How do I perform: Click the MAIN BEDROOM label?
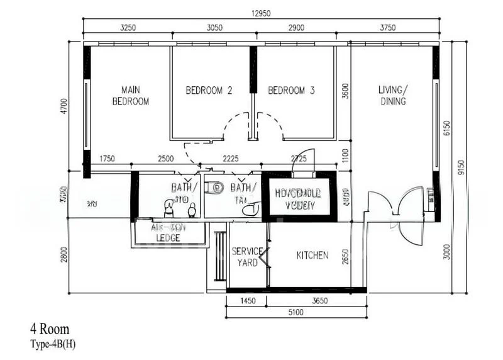click(x=131, y=95)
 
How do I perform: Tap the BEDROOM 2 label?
click(x=209, y=91)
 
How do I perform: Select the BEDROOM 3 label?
click(x=291, y=91)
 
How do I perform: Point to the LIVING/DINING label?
click(x=392, y=95)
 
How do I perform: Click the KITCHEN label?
click(x=312, y=256)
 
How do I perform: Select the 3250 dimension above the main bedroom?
click(x=128, y=28)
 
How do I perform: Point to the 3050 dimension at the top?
click(x=214, y=28)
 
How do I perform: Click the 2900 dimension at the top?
click(x=296, y=28)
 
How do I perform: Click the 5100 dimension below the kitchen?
click(x=296, y=313)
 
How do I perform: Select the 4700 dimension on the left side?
click(x=62, y=104)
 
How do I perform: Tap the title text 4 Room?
click(x=50, y=329)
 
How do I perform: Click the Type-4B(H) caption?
click(x=53, y=344)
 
